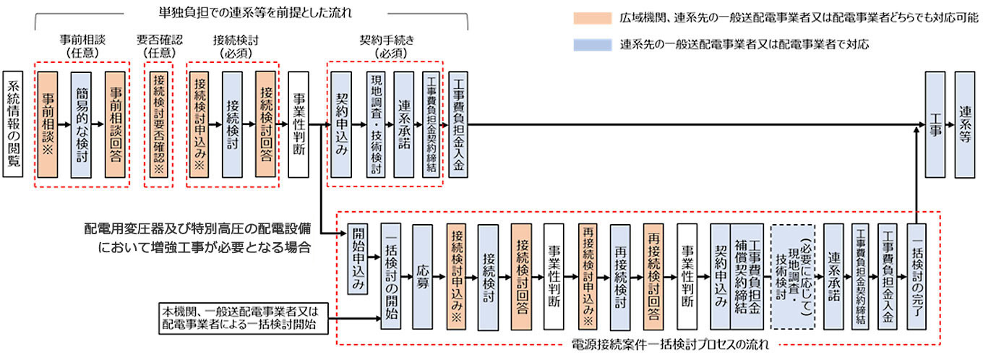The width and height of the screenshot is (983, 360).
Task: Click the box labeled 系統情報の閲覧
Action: [x=13, y=124]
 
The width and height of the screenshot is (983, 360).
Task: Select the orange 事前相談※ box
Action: [x=48, y=124]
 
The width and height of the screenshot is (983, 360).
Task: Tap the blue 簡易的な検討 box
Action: [x=81, y=124]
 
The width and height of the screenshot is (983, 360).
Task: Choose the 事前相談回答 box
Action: [x=115, y=124]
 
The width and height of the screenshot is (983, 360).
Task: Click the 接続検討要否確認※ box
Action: [x=159, y=124]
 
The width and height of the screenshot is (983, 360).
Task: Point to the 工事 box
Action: [x=935, y=124]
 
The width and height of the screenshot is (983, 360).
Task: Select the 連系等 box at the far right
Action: [x=964, y=124]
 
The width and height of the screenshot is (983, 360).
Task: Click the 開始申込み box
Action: [x=358, y=259]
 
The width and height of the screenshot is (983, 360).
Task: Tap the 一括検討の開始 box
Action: [x=390, y=277]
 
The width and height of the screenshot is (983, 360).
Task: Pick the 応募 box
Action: [x=423, y=277]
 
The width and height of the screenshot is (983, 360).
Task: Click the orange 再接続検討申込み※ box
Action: [x=588, y=277]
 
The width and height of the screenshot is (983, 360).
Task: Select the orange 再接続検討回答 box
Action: [x=653, y=277]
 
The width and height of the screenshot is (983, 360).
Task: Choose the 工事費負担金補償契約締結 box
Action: [x=747, y=277]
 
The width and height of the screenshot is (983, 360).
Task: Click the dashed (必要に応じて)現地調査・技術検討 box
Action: [x=793, y=277]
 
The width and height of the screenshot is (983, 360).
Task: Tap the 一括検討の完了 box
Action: [x=917, y=277]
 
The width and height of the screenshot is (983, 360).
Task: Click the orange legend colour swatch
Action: [x=593, y=18]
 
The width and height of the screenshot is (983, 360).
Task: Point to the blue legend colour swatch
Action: [x=593, y=45]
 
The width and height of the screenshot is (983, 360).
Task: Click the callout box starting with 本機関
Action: [x=244, y=318]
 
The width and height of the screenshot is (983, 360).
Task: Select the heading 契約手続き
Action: [x=387, y=40]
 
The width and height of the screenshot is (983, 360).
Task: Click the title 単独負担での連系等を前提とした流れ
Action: [x=255, y=13]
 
